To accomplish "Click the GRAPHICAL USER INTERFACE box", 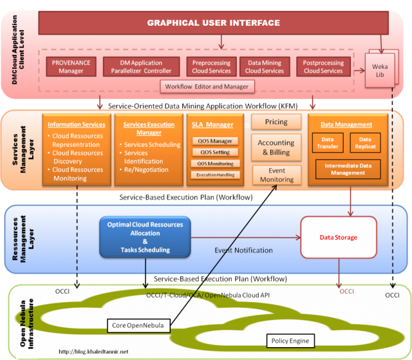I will (x=213, y=23).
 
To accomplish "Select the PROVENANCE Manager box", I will (x=71, y=66).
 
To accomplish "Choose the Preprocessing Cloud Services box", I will (x=211, y=66).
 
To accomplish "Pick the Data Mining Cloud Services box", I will (x=265, y=66).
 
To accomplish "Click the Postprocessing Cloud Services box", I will (x=323, y=66).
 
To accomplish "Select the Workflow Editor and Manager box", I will (x=207, y=86).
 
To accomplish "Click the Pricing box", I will (x=277, y=122).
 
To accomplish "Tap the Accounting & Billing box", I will (x=276, y=147).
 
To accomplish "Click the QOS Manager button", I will (x=215, y=141).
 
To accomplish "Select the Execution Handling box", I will (x=215, y=175).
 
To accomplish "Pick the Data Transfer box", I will (x=327, y=143).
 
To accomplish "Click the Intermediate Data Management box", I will (x=348, y=169).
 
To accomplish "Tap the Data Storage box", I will (x=338, y=238).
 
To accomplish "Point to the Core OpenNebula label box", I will (x=139, y=326).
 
